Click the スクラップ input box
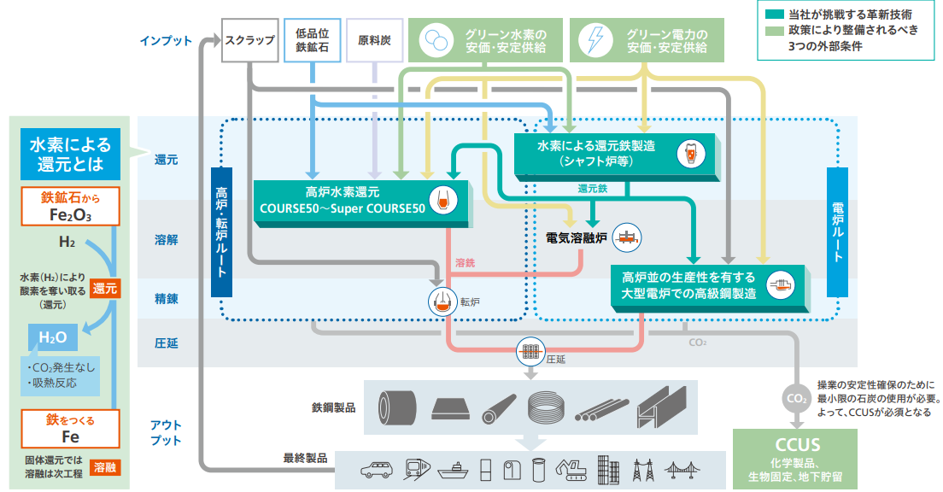[249, 40]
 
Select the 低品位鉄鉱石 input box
[312, 40]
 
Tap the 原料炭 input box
[374, 40]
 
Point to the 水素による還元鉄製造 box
[616, 152]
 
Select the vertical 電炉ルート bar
[837, 231]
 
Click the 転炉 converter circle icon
[442, 300]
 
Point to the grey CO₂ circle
[794, 398]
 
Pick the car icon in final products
[375, 469]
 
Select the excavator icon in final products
[570, 468]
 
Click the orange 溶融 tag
[107, 466]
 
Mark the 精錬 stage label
[166, 299]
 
